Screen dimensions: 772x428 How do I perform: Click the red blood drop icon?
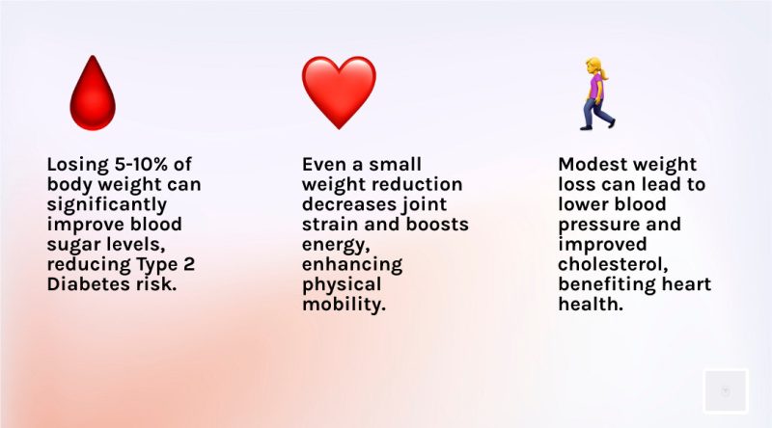(93, 93)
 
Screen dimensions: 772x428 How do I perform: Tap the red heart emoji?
(339, 93)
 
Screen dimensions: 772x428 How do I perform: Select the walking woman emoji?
(597, 94)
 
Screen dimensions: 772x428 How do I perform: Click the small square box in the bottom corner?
(726, 391)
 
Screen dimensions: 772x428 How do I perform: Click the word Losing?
(78, 165)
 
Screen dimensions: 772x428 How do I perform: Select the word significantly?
(107, 205)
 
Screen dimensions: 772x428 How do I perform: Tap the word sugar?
(71, 246)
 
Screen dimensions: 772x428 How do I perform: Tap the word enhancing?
(352, 266)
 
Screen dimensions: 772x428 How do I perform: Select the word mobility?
(344, 306)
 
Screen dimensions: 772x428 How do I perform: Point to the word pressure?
(598, 226)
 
